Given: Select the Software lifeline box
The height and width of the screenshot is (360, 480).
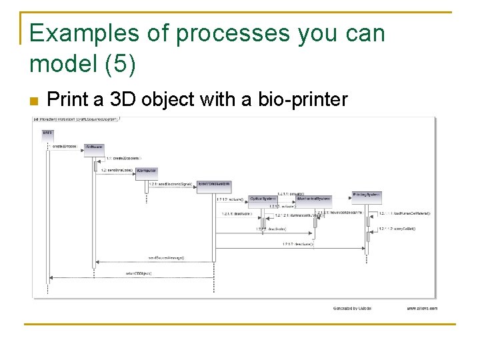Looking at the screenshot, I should (x=94, y=147).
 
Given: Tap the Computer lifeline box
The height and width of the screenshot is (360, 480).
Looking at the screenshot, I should (x=147, y=171).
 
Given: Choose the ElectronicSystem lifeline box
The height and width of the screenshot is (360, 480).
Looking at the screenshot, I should (x=214, y=185).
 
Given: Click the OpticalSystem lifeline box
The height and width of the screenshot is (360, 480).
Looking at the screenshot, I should (x=263, y=199).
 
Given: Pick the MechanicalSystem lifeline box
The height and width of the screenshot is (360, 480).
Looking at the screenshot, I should (x=313, y=199).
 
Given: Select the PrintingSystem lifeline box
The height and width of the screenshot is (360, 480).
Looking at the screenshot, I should (x=366, y=195).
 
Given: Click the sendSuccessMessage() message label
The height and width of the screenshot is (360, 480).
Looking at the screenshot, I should (x=166, y=257).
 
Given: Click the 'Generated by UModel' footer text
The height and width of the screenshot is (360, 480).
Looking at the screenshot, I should (x=352, y=309).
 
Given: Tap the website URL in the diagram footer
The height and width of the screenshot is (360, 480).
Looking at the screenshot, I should (x=421, y=309).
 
